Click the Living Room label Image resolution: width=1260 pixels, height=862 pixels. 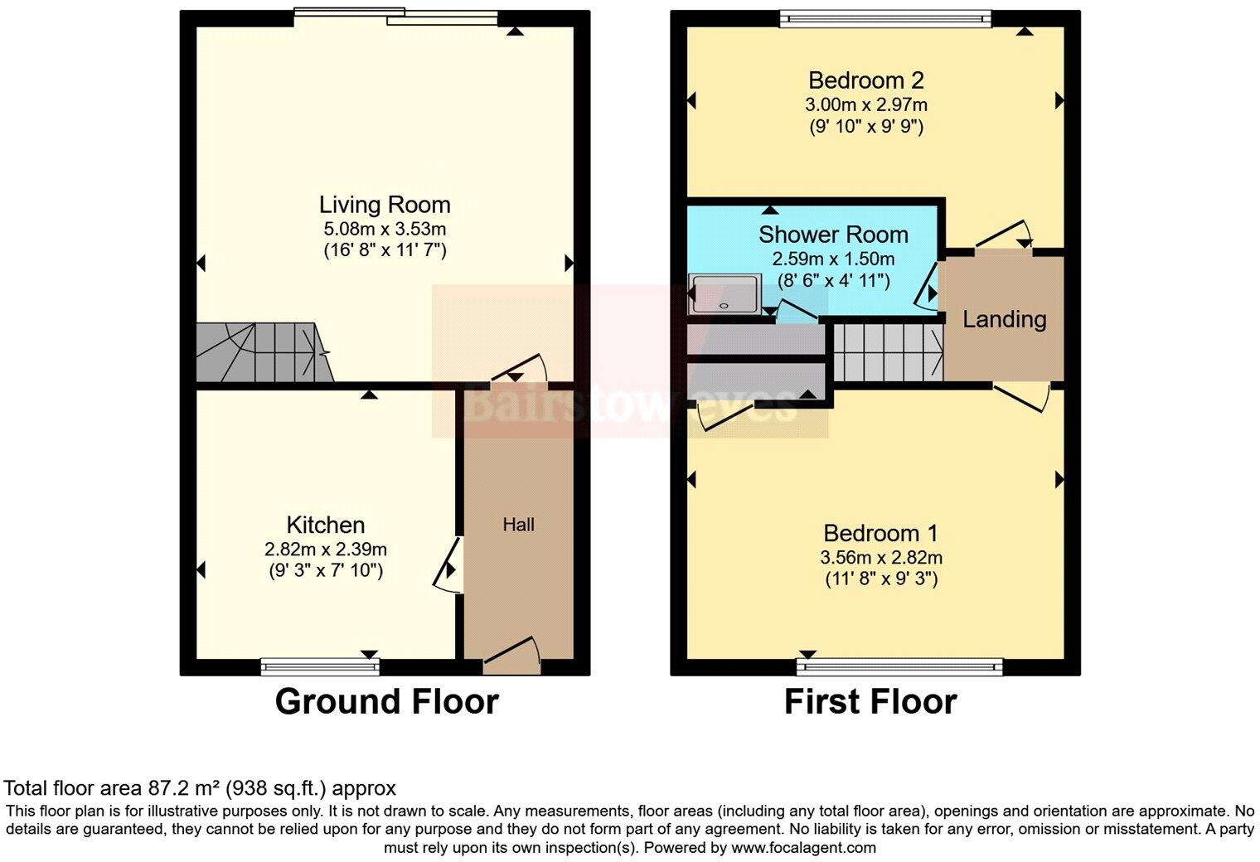click(385, 205)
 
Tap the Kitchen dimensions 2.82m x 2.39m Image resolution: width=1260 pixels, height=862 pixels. click(326, 549)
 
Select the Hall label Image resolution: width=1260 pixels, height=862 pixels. click(518, 525)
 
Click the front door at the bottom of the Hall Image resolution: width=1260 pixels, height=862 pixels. click(512, 652)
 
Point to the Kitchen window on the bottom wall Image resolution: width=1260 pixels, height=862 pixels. click(320, 666)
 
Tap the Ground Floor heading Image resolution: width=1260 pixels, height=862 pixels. click(386, 702)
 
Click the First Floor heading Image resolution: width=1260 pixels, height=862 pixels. click(870, 702)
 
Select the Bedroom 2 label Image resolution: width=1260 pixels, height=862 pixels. click(865, 80)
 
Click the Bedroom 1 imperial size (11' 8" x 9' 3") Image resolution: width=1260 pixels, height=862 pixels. click(881, 579)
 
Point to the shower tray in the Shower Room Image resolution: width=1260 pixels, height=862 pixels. click(723, 296)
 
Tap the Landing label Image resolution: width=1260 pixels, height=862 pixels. click(1004, 319)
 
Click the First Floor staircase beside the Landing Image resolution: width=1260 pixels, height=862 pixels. click(888, 351)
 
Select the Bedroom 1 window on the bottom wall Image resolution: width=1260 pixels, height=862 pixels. click(899, 666)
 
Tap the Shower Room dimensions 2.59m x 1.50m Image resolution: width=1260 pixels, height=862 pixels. click(833, 259)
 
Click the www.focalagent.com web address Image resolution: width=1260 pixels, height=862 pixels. click(802, 847)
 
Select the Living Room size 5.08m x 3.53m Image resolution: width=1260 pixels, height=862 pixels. click(385, 229)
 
